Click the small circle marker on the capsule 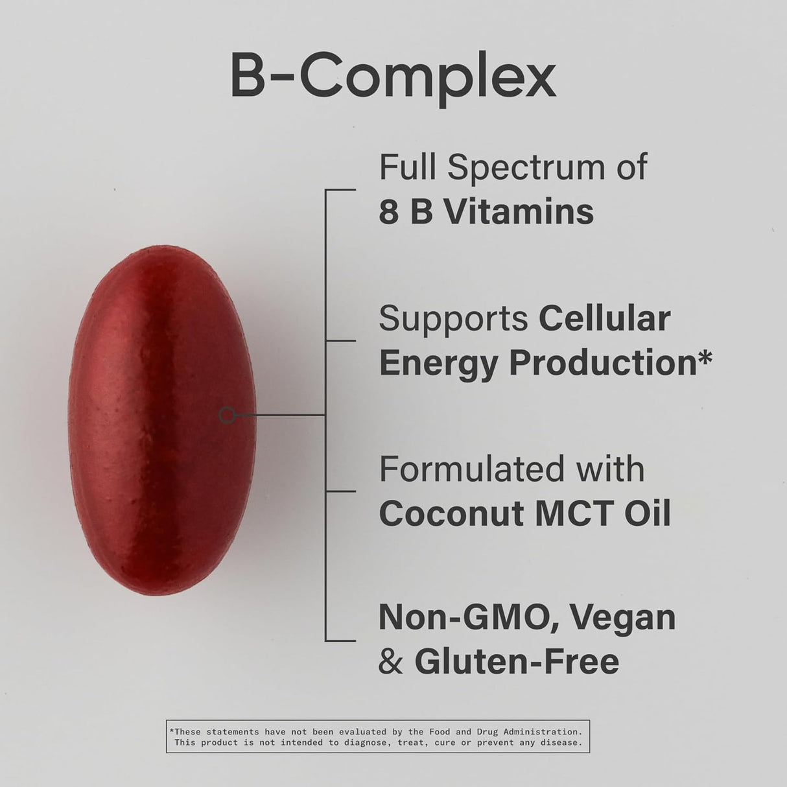click(227, 415)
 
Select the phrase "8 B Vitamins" click(486, 212)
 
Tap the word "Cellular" click(604, 318)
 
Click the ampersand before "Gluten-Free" click(390, 661)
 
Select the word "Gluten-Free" click(517, 661)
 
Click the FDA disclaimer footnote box click(378, 736)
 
